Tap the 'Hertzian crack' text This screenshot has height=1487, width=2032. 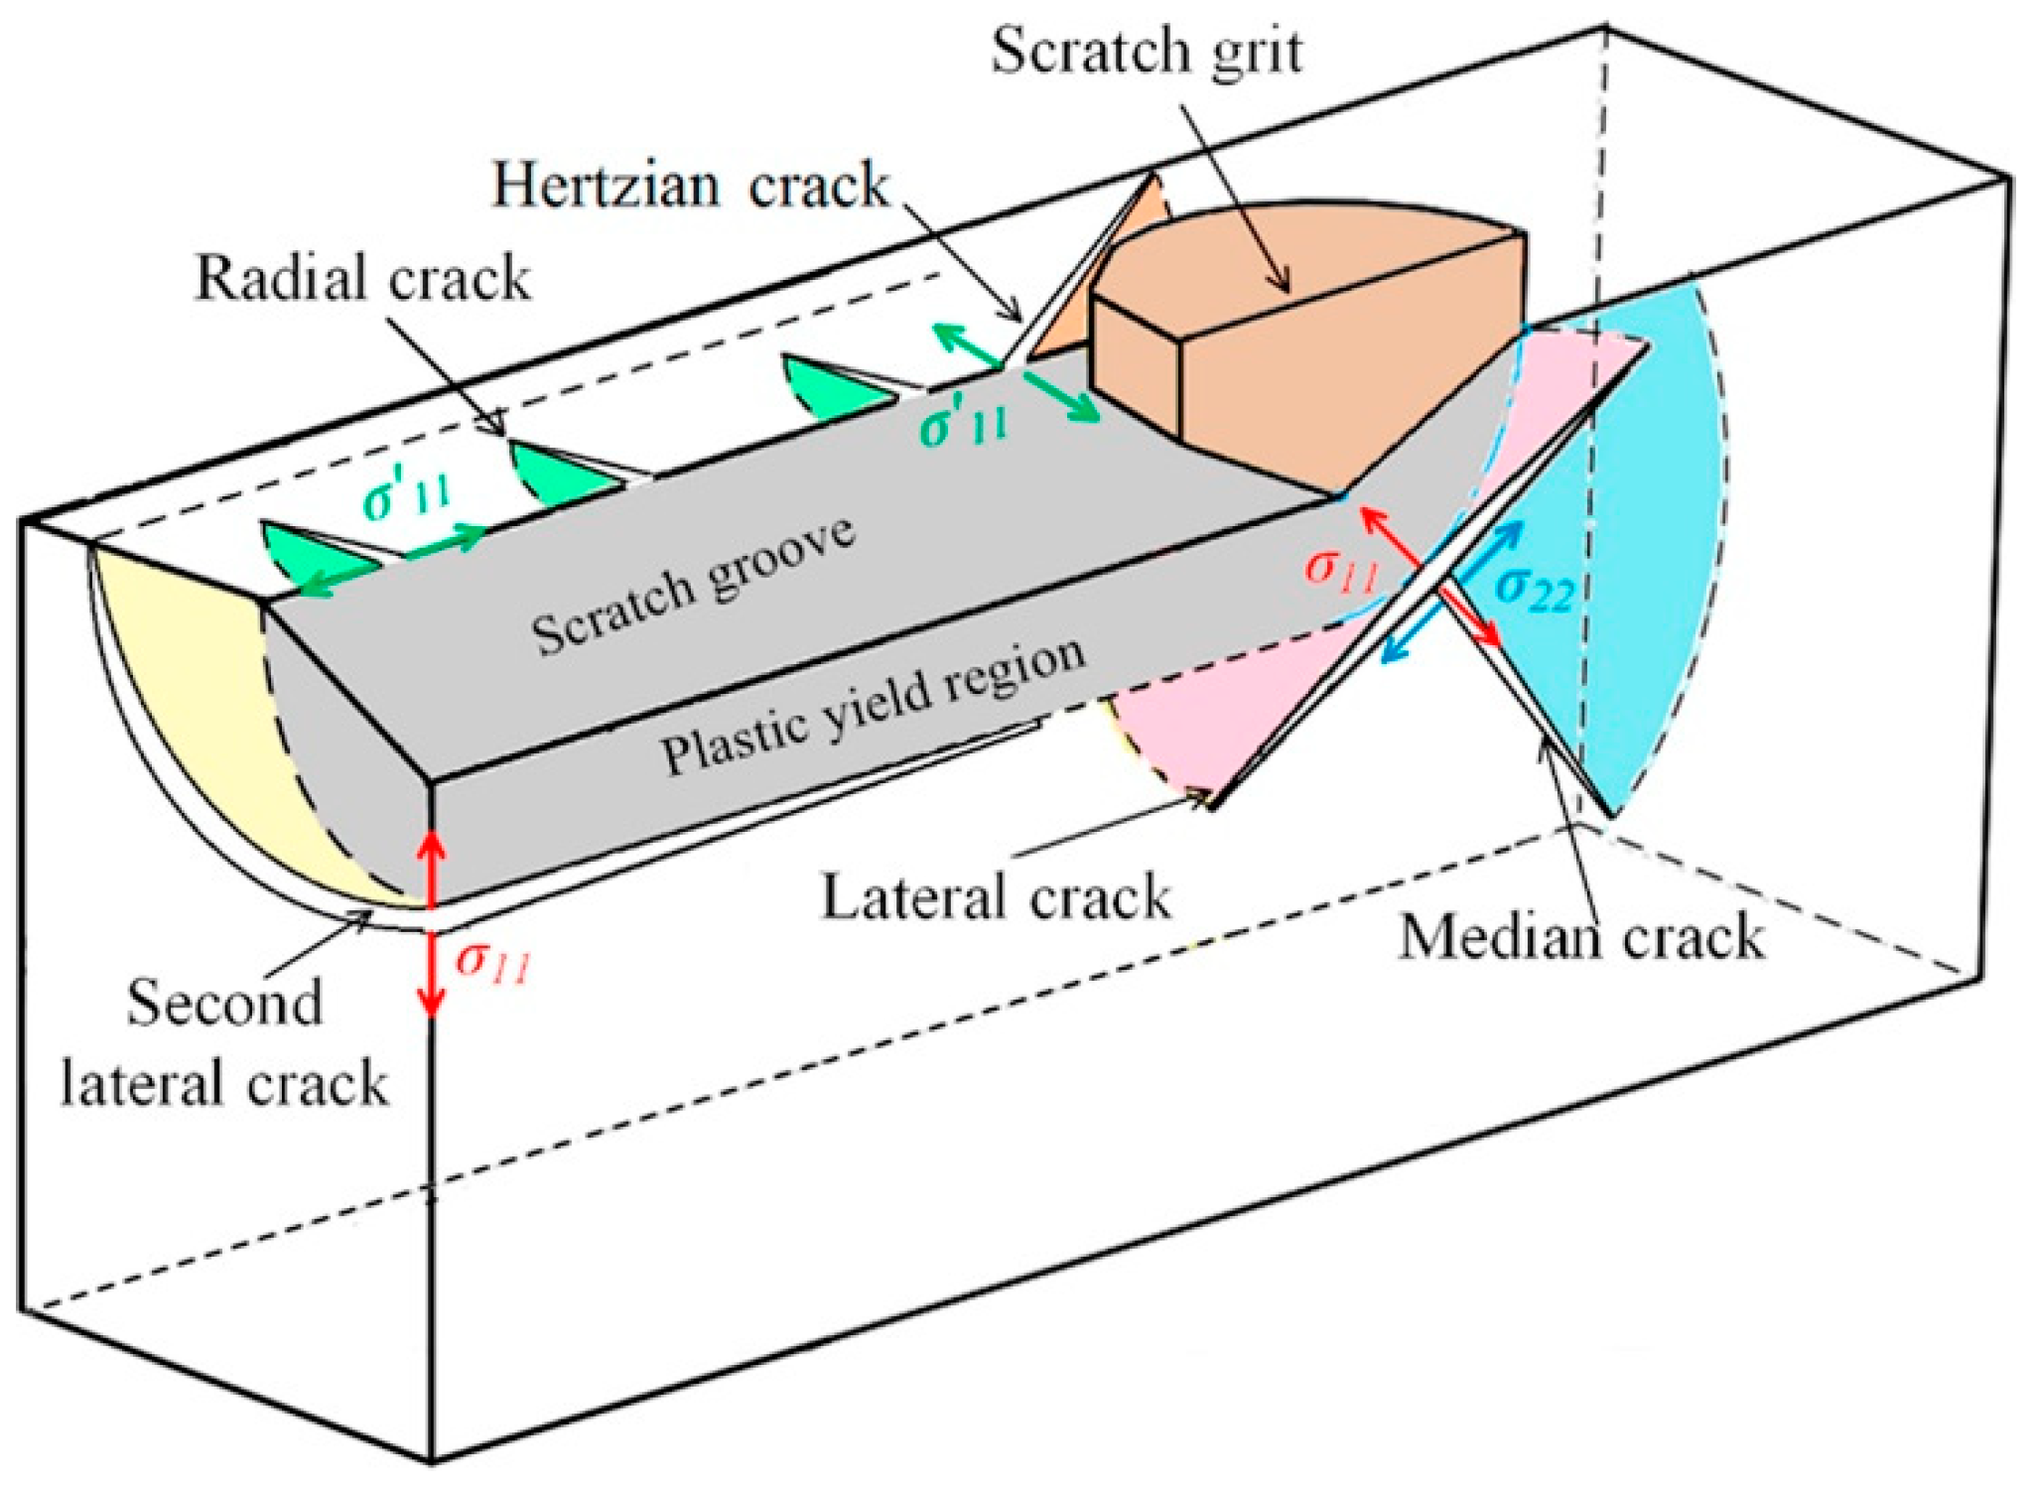tap(690, 186)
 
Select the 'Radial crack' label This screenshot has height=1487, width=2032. tap(362, 278)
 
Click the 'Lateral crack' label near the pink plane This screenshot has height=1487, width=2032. tap(996, 897)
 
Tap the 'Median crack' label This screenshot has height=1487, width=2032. tap(1580, 937)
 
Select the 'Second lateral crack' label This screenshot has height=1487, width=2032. tap(224, 1042)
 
